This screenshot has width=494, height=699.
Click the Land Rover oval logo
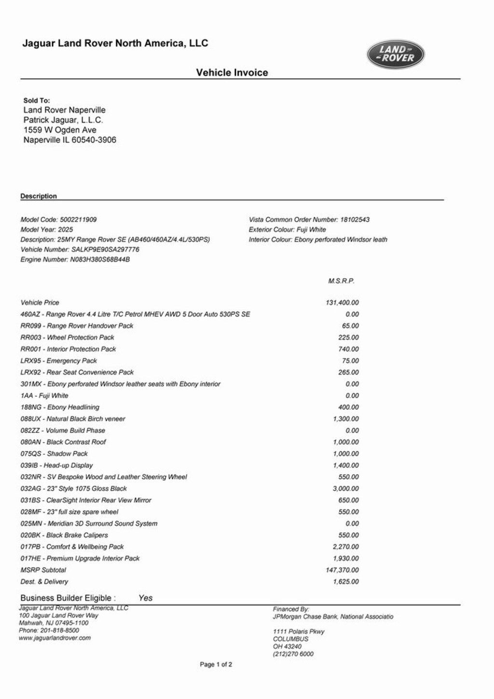[396, 54]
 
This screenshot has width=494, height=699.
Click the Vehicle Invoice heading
[232, 72]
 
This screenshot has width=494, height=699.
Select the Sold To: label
[37, 100]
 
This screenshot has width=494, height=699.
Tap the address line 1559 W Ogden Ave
[60, 130]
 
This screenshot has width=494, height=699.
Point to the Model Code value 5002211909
[78, 220]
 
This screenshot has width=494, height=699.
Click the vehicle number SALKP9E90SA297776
[105, 250]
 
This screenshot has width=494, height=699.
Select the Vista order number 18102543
[355, 220]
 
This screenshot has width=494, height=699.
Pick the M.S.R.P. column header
[341, 281]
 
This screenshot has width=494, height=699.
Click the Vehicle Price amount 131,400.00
[342, 303]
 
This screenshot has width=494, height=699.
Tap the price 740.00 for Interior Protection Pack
[348, 349]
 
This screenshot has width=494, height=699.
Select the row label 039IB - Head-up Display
[56, 465]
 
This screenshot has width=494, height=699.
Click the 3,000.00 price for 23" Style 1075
[345, 489]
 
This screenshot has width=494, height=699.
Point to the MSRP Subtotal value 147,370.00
[342, 570]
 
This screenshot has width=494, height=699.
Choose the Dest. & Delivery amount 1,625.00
[345, 582]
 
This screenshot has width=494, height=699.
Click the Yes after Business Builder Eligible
[145, 598]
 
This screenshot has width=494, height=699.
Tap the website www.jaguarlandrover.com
[55, 638]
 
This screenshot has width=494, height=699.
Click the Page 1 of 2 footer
[216, 665]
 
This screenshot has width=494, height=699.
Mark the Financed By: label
[291, 609]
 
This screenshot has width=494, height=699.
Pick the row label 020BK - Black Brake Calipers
[64, 535]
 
